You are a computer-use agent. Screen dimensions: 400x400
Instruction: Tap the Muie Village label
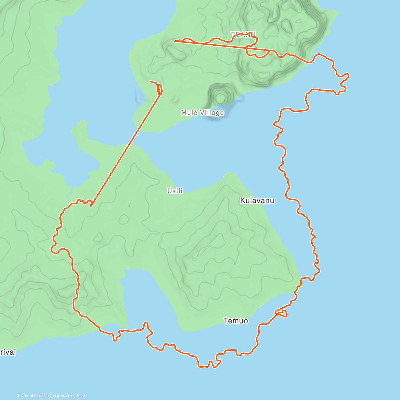(x=202, y=113)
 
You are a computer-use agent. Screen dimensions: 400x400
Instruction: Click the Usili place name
(x=175, y=191)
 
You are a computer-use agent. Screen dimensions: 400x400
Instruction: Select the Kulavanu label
(x=257, y=200)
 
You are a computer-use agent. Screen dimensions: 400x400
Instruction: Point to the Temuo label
(x=236, y=321)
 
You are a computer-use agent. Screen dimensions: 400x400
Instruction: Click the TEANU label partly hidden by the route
(x=243, y=34)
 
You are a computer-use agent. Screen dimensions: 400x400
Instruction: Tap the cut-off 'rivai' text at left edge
(x=8, y=352)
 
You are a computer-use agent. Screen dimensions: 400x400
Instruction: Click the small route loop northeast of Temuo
(x=282, y=313)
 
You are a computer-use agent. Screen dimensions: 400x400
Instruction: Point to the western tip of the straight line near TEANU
(x=175, y=41)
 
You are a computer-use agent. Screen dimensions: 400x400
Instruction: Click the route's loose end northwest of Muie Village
(x=151, y=81)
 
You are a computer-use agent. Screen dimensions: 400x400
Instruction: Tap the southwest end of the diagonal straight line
(x=91, y=206)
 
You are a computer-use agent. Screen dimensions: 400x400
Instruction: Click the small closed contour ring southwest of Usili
(x=124, y=219)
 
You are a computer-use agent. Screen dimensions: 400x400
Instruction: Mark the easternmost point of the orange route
(x=349, y=77)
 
